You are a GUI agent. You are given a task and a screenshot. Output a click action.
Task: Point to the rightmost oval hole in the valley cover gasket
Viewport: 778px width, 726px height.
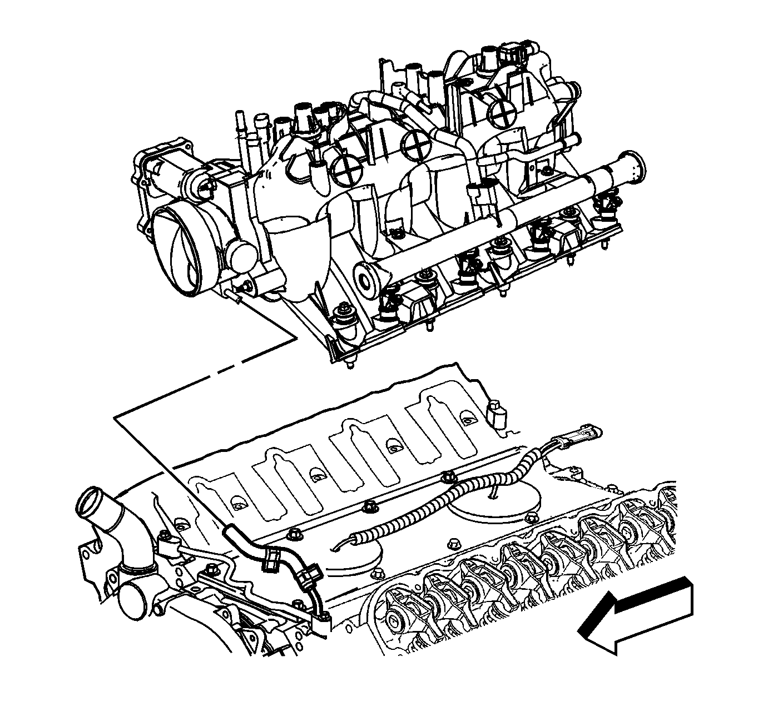pos(468,420)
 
